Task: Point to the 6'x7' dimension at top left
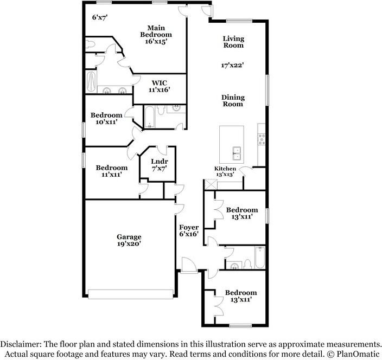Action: [100, 17]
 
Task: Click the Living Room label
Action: [233, 42]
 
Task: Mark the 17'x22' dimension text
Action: [232, 65]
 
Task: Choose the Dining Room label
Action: [233, 101]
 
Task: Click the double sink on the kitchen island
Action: [236, 153]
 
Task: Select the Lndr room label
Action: [159, 162]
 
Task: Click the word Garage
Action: [129, 236]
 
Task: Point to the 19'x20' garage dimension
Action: [129, 244]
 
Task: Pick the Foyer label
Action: [189, 227]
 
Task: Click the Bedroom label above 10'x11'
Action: [106, 115]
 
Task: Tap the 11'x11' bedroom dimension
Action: [112, 175]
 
